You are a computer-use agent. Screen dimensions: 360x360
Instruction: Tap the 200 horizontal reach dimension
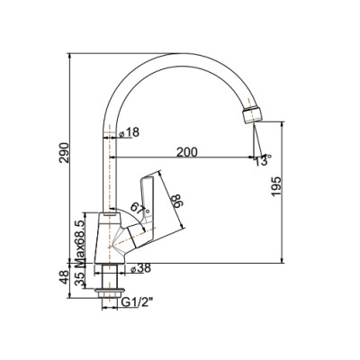coord(187,151)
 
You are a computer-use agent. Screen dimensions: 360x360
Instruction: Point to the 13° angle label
coord(261,162)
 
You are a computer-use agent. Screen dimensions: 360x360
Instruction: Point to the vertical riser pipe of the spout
coord(111,153)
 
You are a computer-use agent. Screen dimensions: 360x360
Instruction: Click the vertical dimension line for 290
coord(70,158)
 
